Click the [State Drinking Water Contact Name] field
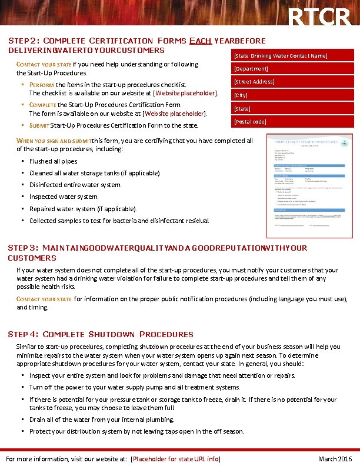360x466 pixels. pyautogui.click(x=281, y=56)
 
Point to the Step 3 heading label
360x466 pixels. pyautogui.click(x=24, y=248)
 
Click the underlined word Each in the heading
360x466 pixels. pyautogui.click(x=200, y=41)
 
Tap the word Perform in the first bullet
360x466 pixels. pyautogui.click(x=41, y=85)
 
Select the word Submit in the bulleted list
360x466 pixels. pyautogui.click(x=39, y=125)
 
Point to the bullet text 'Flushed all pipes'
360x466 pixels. pyautogui.click(x=54, y=161)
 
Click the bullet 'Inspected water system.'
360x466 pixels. pyautogui.click(x=64, y=197)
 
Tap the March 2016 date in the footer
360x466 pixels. pyautogui.click(x=335, y=459)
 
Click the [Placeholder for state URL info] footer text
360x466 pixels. pyautogui.click(x=175, y=459)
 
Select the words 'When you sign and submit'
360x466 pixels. pyautogui.click(x=54, y=141)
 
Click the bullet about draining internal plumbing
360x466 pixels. pyautogui.click(x=102, y=420)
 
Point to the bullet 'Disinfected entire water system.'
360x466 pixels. pyautogui.click(x=75, y=185)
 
